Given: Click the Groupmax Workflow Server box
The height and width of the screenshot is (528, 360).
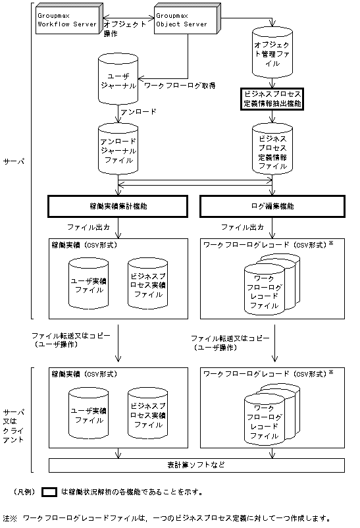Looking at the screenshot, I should [68, 19].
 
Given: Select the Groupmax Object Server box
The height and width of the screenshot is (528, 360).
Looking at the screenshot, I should [182, 19].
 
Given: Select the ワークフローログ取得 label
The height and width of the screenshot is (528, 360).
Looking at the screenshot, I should [180, 86].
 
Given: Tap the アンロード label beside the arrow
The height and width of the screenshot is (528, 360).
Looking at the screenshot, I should [138, 112].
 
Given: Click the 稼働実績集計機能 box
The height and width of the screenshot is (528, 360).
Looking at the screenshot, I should [118, 206].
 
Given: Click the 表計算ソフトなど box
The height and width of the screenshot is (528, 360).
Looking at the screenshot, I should [195, 465].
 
